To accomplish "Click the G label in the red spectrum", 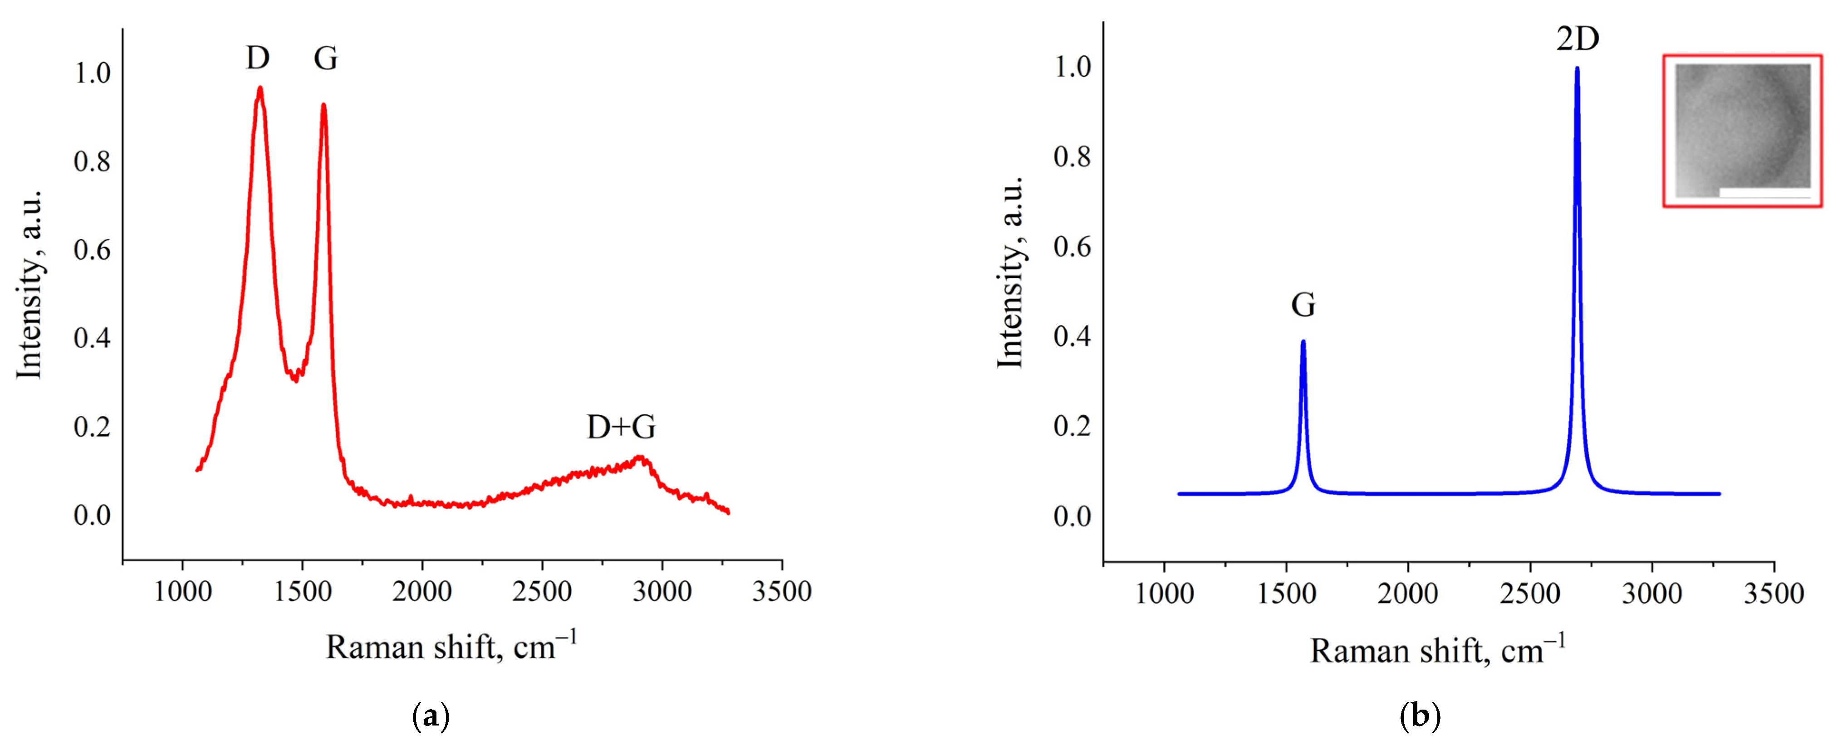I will (325, 58).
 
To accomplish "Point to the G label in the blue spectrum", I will (1303, 305).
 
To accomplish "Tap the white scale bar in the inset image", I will (1764, 192).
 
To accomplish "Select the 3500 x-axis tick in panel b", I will (1773, 594).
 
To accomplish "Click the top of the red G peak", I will (324, 105).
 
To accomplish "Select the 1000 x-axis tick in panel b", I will (1165, 594).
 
